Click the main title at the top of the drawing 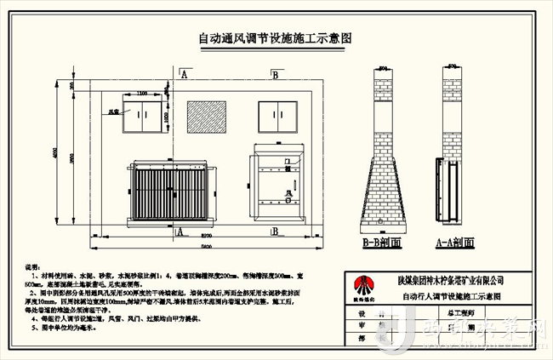275,38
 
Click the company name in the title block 451,280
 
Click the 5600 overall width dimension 201,248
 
